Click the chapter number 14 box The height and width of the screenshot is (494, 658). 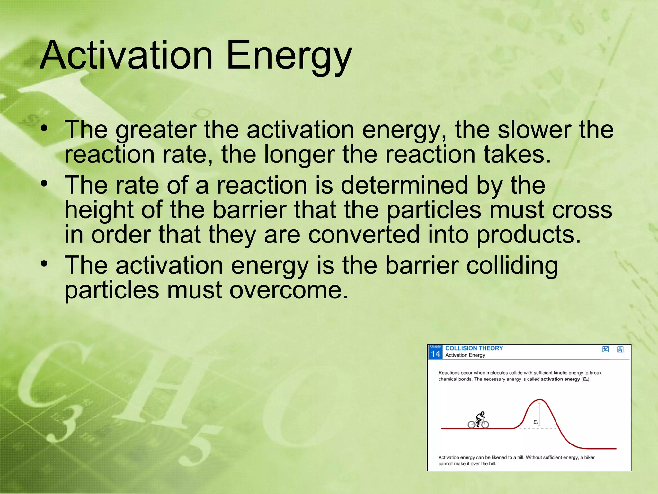click(x=435, y=352)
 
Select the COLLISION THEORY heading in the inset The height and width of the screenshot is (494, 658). click(x=474, y=348)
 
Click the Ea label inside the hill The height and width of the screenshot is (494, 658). click(x=536, y=422)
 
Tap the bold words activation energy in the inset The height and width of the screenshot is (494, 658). click(x=560, y=379)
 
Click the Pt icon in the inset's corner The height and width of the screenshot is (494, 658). click(x=620, y=349)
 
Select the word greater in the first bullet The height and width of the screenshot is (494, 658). click(x=156, y=130)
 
